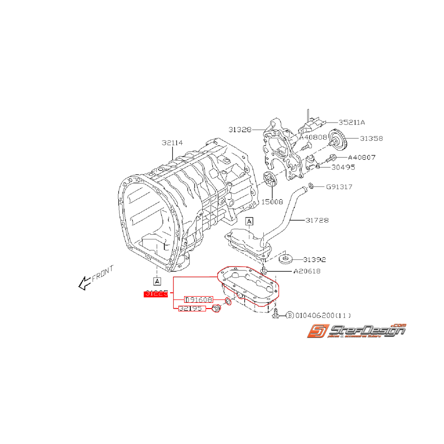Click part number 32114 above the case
172,143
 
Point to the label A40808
313,137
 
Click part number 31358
371,139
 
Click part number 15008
272,202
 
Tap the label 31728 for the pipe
316,220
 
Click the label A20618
307,271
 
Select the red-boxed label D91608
198,299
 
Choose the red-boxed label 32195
192,309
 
